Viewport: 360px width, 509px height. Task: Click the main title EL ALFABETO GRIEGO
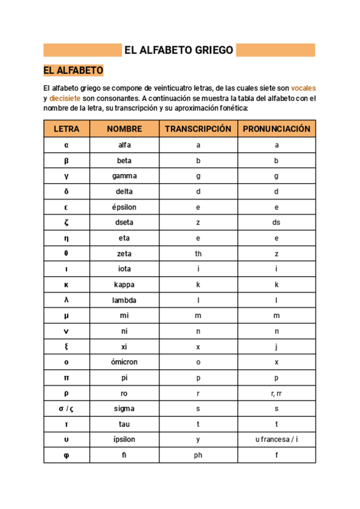coord(179,50)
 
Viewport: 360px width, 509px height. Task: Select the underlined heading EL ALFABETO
coord(74,71)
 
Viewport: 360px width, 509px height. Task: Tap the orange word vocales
coord(304,88)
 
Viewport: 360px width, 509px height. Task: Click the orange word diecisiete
coord(65,98)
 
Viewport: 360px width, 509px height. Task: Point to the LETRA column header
coord(67,129)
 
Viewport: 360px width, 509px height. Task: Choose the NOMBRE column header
coord(124,129)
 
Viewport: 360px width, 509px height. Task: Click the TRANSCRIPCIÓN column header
coord(198,129)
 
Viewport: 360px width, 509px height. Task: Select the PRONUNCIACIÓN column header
coord(277,129)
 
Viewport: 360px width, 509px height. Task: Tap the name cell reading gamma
coord(124,176)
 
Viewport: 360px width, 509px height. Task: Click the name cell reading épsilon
coord(124,207)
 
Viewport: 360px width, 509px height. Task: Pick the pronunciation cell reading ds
coord(277,223)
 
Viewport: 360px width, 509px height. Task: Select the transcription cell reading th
coord(198,254)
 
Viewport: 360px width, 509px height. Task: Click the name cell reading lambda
coord(124,300)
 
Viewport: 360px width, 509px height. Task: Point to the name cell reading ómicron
coord(124,362)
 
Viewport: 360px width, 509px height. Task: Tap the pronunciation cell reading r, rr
coord(277,393)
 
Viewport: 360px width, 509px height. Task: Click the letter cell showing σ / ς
coord(67,409)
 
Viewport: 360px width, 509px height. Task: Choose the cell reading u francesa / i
coord(277,439)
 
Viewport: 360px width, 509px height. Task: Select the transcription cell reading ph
coord(198,455)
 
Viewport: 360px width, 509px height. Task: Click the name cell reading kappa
coord(124,285)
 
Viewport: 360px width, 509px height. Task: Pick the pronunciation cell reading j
coord(277,347)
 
